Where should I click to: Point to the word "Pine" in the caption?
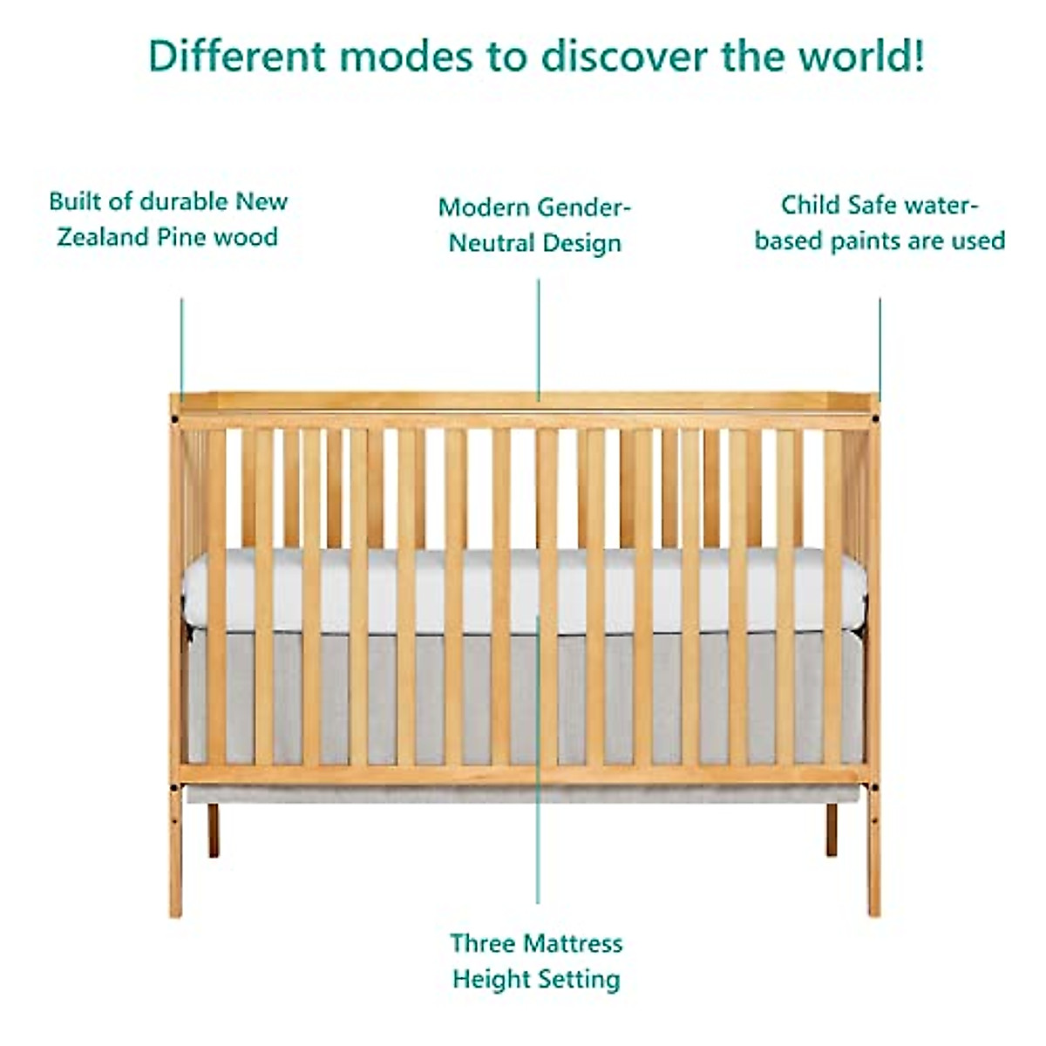181,237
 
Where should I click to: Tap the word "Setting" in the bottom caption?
578,979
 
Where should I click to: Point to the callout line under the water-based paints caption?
880,349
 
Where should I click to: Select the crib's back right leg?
832,829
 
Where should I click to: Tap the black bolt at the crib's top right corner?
873,419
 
